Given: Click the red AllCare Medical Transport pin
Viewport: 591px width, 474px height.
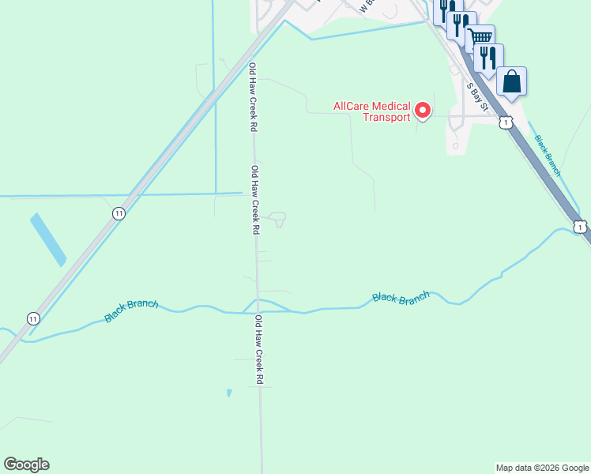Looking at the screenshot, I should (423, 111).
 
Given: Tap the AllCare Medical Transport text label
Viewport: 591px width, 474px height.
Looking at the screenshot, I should (372, 111).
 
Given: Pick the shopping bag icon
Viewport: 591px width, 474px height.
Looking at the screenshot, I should (511, 81).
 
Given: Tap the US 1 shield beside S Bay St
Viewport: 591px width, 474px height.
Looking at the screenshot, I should (506, 122).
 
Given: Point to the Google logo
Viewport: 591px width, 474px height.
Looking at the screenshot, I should (26, 465).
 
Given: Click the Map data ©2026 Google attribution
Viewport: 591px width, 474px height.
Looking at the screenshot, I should (542, 468).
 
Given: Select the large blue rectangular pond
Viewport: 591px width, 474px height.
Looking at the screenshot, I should (48, 239).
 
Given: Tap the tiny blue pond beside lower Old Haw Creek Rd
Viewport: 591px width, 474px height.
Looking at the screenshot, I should (229, 392).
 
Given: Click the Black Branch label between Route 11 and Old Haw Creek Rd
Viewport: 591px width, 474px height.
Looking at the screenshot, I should (131, 310).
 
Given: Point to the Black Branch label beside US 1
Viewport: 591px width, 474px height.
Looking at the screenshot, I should (548, 155).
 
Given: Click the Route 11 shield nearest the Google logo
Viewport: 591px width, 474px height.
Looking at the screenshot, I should (32, 318).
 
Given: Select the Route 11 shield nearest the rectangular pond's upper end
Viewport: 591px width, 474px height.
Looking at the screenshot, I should (119, 213).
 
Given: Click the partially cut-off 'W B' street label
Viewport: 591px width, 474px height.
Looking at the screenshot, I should (365, 7).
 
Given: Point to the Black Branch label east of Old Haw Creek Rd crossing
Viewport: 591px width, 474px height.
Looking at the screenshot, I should (401, 297).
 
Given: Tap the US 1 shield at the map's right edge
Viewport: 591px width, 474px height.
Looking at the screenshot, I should (581, 227).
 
